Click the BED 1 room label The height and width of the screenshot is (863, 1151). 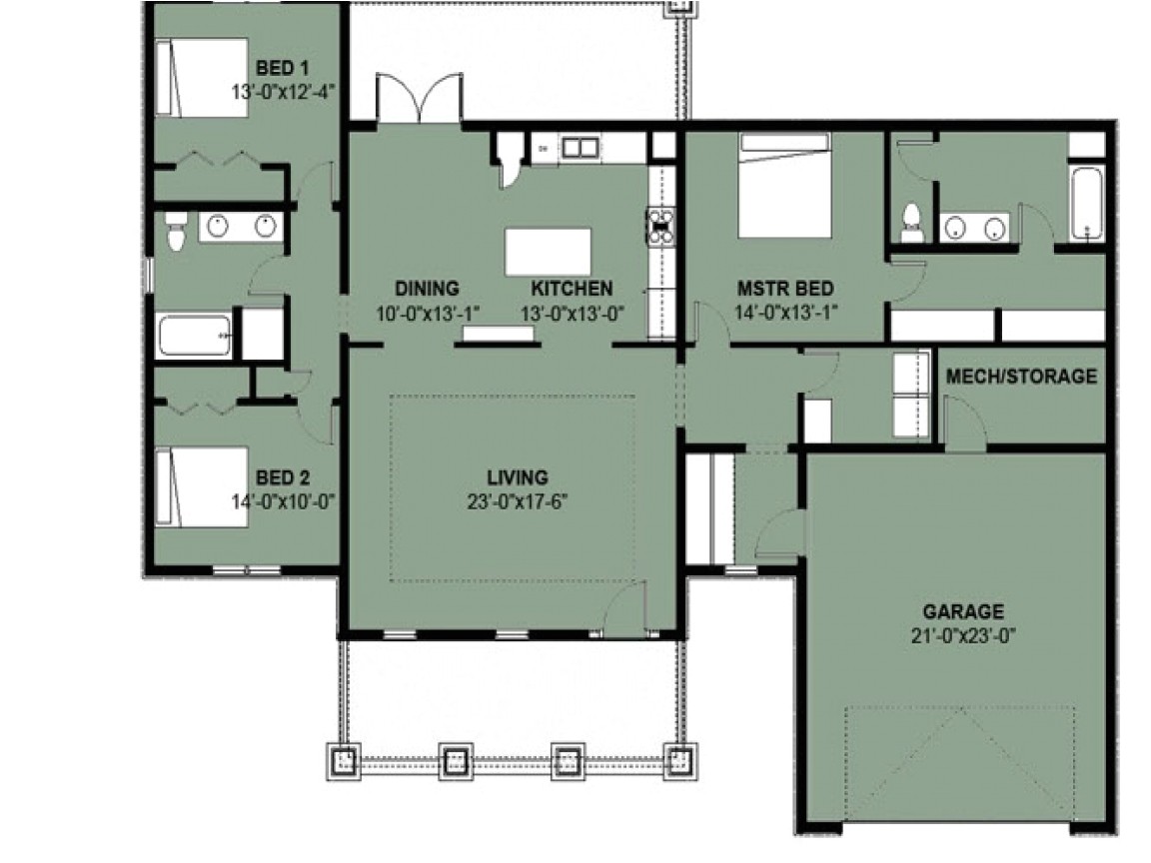[282, 69]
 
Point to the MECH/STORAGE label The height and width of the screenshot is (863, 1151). [1020, 377]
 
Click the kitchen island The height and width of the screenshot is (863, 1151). [548, 252]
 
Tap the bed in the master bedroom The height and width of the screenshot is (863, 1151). [784, 187]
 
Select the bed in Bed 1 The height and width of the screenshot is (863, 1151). [201, 78]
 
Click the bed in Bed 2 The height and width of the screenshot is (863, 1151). [201, 483]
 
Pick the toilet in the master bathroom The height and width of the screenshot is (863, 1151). [911, 223]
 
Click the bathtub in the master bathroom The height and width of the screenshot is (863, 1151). [1086, 204]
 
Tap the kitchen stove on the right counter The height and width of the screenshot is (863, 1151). [661, 226]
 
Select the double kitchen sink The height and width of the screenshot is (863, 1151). [577, 149]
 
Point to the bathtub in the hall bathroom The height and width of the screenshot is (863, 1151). [195, 336]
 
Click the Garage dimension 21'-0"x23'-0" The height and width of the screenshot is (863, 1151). [962, 633]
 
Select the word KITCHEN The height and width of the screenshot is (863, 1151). [572, 289]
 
